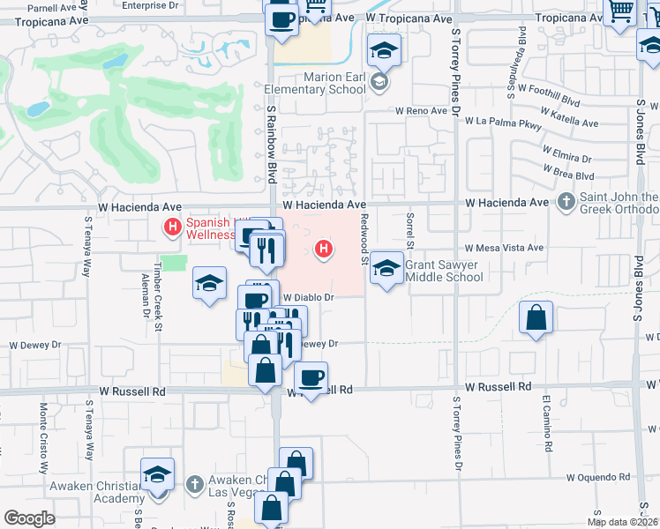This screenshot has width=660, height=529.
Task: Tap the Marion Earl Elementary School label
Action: [334, 83]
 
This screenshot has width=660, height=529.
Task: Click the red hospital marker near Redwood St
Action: [325, 250]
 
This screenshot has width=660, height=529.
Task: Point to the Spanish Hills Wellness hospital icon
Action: [172, 228]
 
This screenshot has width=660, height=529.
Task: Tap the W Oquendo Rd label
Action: [599, 477]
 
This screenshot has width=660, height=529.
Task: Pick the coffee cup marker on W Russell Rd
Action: [311, 378]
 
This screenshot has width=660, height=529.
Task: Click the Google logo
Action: [29, 518]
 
